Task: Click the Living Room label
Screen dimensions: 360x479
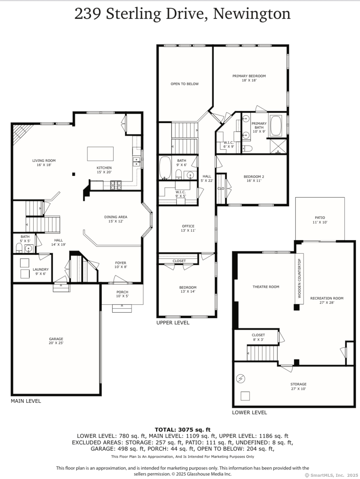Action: coord(44,161)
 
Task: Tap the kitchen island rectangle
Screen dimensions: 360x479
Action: coord(100,154)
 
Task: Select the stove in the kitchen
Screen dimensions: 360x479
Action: coord(116,185)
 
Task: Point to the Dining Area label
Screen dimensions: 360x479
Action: coord(116,217)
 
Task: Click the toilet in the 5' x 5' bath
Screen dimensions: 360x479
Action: coord(19,248)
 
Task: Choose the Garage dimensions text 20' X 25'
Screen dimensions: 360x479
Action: coord(56,343)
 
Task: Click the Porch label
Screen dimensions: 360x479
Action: coord(122,292)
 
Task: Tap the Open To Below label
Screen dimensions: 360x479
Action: coord(184,84)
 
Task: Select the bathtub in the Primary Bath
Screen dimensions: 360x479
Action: coord(276,126)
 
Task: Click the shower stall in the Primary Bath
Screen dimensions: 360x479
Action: coord(278,146)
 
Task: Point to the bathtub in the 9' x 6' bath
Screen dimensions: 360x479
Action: coord(165,168)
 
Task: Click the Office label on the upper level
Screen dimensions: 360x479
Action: coord(188,226)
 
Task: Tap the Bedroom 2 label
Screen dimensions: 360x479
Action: coord(254,176)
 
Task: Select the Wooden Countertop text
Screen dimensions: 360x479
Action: coord(299,278)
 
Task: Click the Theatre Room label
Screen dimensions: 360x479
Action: coord(266,287)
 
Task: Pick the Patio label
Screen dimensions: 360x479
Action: coord(320,218)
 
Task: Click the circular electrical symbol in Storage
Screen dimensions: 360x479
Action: coord(241,379)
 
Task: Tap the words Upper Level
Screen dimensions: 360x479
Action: coord(173,323)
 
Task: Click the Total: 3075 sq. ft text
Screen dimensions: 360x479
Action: coord(183,430)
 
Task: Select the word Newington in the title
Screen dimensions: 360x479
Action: coord(252,14)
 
